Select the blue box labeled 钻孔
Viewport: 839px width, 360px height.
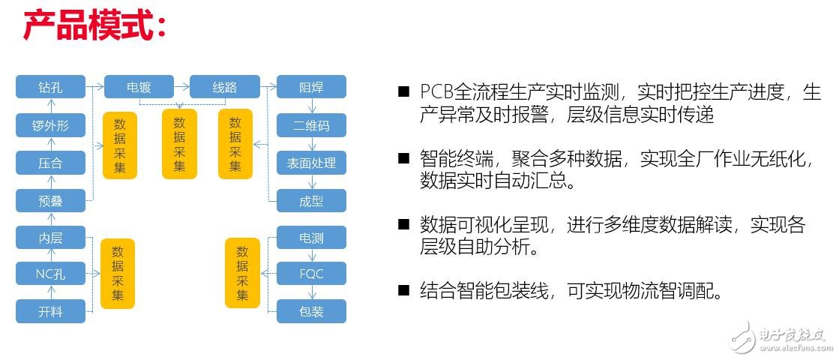point(50,87)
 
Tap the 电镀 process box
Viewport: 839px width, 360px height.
point(139,87)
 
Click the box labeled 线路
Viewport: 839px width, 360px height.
point(224,87)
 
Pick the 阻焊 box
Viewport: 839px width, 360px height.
point(311,87)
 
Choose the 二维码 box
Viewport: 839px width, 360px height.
point(311,125)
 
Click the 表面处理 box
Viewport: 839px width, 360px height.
point(311,163)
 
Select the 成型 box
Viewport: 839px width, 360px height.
point(311,200)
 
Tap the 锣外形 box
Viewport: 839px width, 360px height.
point(50,125)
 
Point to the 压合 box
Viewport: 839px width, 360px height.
point(50,163)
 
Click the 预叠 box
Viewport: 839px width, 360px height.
point(50,200)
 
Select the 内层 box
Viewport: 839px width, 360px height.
point(50,238)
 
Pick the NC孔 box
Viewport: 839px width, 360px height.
point(50,274)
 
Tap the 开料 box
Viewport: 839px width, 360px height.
point(50,310)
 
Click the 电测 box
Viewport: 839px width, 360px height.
point(311,238)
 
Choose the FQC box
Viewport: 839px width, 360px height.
point(311,274)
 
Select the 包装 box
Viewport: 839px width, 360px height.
point(311,310)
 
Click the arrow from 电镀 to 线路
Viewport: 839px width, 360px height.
point(181,87)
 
